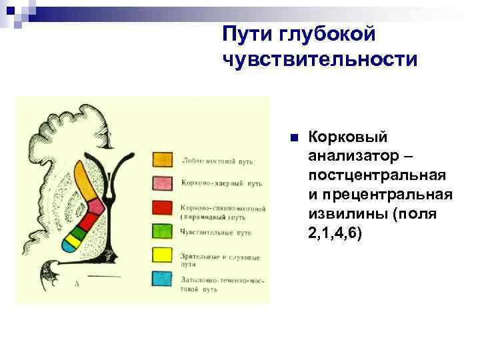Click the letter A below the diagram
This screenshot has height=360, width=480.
78,283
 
